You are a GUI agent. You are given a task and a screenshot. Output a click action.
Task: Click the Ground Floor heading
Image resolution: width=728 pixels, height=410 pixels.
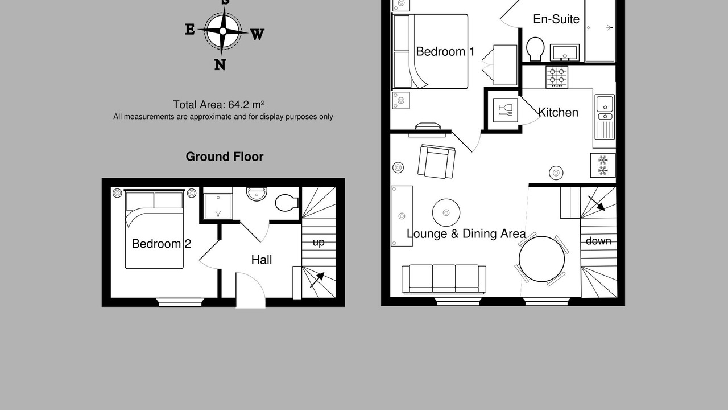225,157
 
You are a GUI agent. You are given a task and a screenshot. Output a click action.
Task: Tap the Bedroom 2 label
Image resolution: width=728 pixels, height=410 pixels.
162,244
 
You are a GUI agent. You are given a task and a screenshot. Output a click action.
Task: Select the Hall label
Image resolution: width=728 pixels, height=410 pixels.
262,260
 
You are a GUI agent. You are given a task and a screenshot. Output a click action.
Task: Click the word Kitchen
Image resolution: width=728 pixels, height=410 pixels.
558,113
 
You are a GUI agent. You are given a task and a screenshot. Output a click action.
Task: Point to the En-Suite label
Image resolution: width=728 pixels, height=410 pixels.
556,19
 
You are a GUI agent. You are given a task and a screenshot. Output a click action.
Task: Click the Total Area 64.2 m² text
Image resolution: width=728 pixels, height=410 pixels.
219,105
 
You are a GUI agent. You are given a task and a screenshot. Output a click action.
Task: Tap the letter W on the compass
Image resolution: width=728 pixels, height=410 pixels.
257,34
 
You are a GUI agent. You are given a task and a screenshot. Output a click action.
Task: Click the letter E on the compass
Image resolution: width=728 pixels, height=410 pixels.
190,29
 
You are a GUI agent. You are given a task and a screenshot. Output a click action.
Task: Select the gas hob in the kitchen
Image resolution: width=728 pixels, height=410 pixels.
557,77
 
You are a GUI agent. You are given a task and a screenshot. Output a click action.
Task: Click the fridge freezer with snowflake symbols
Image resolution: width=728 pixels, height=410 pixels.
603,165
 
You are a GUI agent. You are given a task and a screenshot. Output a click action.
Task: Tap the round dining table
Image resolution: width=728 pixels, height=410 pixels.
542,259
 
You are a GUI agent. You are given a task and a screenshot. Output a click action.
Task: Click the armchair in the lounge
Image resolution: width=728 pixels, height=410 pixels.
436,162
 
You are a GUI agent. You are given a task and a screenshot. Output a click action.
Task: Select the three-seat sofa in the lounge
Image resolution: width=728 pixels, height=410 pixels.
444,279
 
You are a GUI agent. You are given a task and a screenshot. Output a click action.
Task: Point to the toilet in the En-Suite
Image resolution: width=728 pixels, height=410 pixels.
535,49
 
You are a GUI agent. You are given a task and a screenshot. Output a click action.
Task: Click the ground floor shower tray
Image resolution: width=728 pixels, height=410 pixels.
218,206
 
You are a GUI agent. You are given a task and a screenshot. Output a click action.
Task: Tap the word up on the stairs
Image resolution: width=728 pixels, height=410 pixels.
318,243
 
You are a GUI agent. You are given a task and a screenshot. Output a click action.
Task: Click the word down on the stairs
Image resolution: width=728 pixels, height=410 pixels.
598,241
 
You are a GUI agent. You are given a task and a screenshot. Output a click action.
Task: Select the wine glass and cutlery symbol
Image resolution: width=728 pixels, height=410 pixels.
506,110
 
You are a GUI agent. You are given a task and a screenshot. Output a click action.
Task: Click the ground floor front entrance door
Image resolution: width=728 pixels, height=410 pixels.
251,290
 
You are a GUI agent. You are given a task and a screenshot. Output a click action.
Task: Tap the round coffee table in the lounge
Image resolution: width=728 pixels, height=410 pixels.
446,213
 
